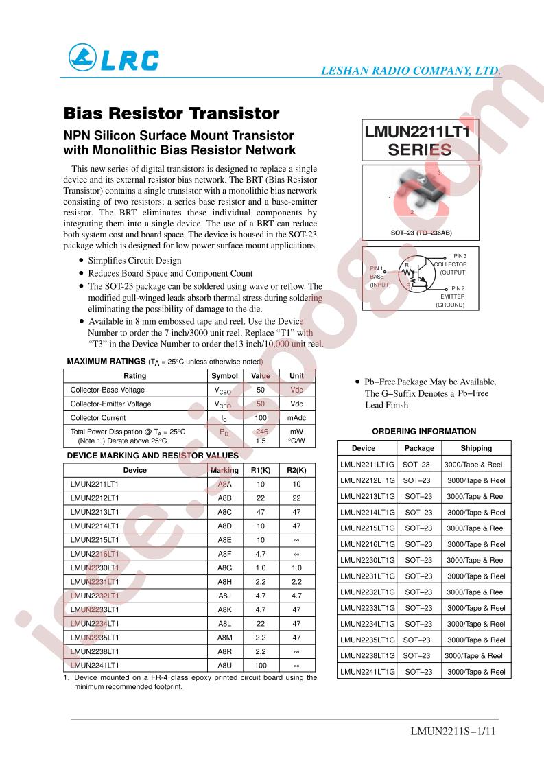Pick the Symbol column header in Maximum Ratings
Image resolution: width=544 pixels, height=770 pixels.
[x=224, y=376]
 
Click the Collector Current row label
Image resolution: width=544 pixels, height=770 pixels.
[x=98, y=417]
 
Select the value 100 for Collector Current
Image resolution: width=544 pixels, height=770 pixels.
[x=261, y=417]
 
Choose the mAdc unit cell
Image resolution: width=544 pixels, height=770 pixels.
[x=297, y=417]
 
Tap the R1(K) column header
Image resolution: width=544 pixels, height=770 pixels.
[x=261, y=470]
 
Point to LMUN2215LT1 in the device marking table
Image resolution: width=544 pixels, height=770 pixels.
[x=95, y=539]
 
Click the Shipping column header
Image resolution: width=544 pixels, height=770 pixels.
[x=476, y=448]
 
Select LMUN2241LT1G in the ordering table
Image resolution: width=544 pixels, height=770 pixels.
[x=368, y=672]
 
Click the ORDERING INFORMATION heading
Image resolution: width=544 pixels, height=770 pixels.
[x=424, y=432]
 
